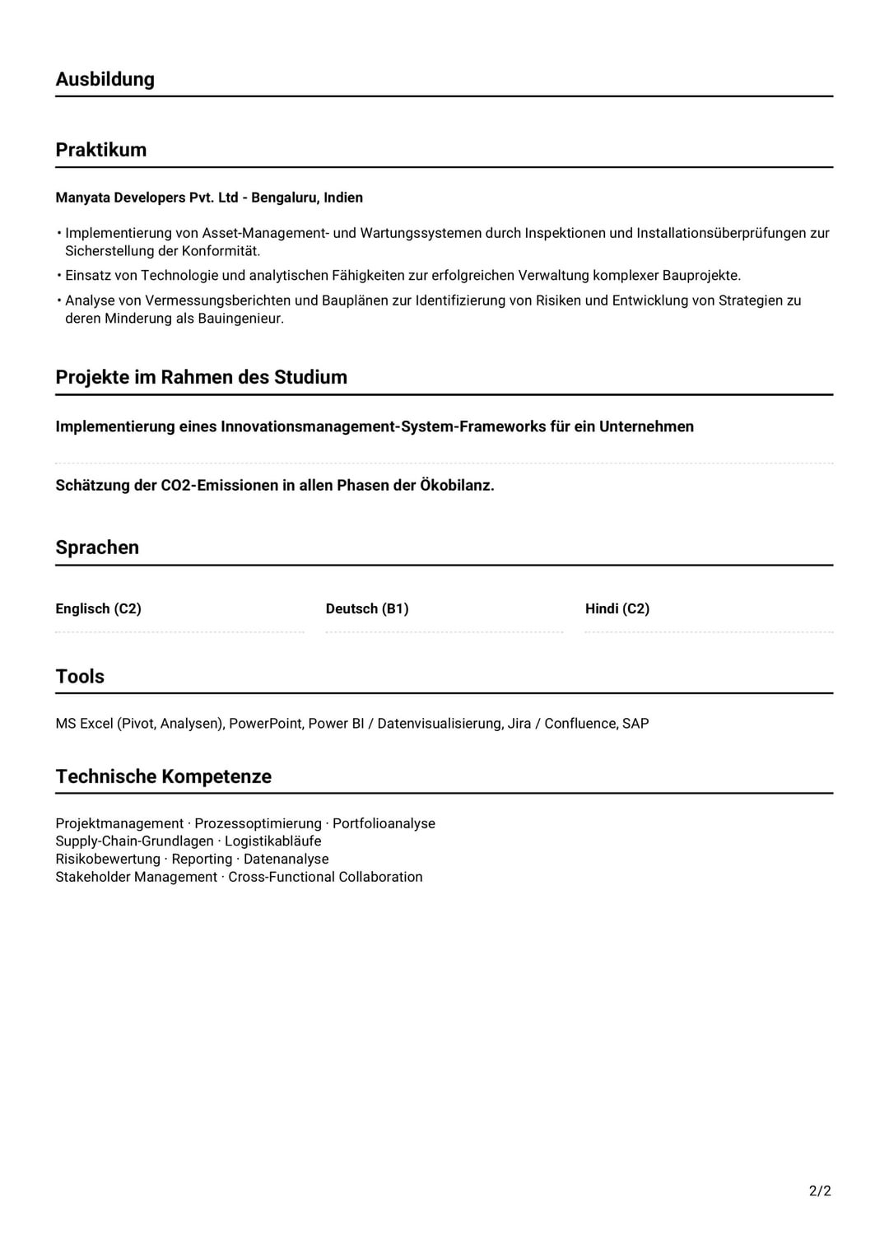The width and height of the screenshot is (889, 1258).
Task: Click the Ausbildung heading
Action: (105, 79)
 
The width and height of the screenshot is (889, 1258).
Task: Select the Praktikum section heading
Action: (100, 150)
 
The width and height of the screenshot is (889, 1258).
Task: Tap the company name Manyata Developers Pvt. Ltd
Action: (147, 198)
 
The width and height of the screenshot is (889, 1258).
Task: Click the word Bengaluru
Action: (284, 198)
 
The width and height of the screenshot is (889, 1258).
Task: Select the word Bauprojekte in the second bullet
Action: (701, 275)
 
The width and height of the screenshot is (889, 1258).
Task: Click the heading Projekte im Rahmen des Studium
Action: (201, 377)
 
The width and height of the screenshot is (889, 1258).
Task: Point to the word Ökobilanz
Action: (457, 485)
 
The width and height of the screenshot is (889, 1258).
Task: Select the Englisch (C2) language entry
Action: (98, 608)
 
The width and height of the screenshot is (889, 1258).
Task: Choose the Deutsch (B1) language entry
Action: (367, 608)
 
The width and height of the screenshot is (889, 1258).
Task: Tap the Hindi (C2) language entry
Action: (617, 608)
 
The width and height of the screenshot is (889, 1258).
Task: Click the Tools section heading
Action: (80, 677)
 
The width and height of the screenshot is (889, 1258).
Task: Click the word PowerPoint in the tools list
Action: (265, 724)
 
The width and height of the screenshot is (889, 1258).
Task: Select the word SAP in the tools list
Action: (635, 724)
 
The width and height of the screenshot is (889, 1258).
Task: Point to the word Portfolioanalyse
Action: (384, 823)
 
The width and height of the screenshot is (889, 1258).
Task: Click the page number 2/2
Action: (820, 1190)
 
